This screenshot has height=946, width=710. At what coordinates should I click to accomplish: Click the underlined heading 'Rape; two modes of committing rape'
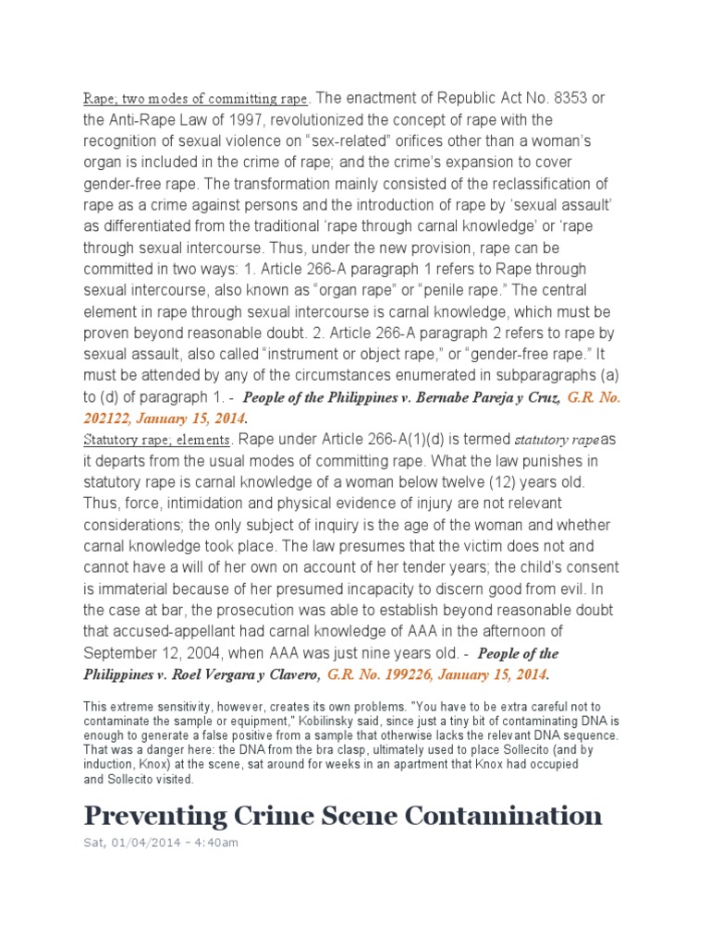[x=197, y=99]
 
